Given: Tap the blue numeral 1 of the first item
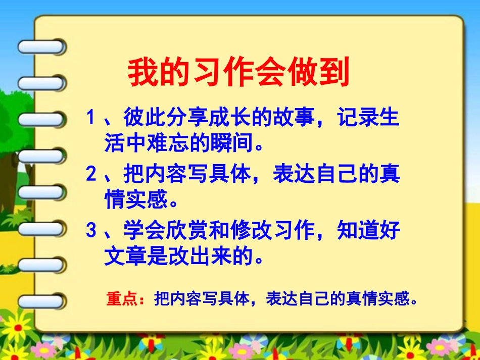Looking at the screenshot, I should click(x=91, y=119).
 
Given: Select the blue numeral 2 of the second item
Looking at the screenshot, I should click(x=91, y=175).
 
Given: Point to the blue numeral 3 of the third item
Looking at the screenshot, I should click(x=91, y=231).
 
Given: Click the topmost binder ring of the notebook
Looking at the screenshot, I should click(x=41, y=47).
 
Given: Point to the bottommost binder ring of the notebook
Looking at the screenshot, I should click(x=41, y=302).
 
